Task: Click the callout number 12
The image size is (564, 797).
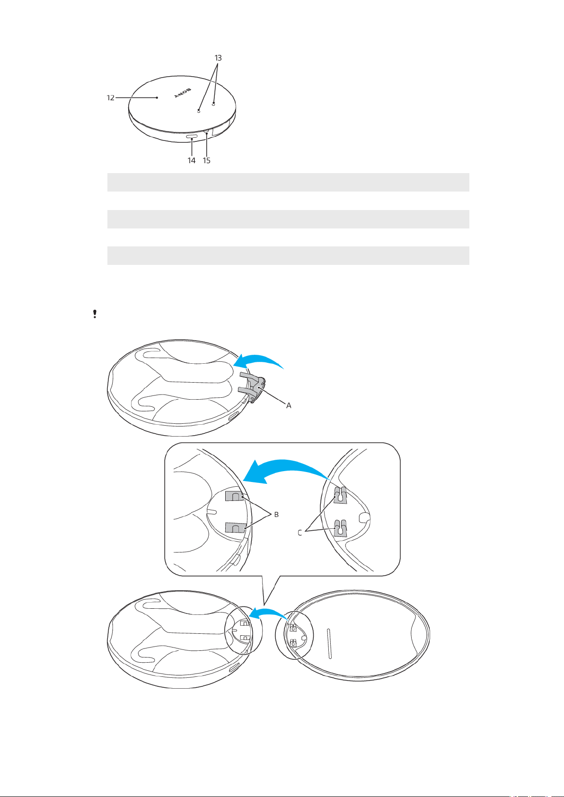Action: coord(111,97)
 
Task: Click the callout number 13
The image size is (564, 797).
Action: coord(218,58)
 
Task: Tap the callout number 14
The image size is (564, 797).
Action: coord(192,160)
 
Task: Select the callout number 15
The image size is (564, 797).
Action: coord(206,160)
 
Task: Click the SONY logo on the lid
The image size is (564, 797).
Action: coord(183,93)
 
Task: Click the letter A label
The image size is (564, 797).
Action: coord(289,405)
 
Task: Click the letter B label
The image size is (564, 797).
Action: coord(276,515)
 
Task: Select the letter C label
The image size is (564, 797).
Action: coord(300,533)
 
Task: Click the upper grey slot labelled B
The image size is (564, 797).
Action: coord(234,496)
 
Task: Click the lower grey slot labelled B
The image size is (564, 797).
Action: coord(236,528)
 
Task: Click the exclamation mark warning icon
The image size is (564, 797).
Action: coord(95,314)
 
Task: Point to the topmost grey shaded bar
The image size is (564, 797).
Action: coord(288,182)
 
